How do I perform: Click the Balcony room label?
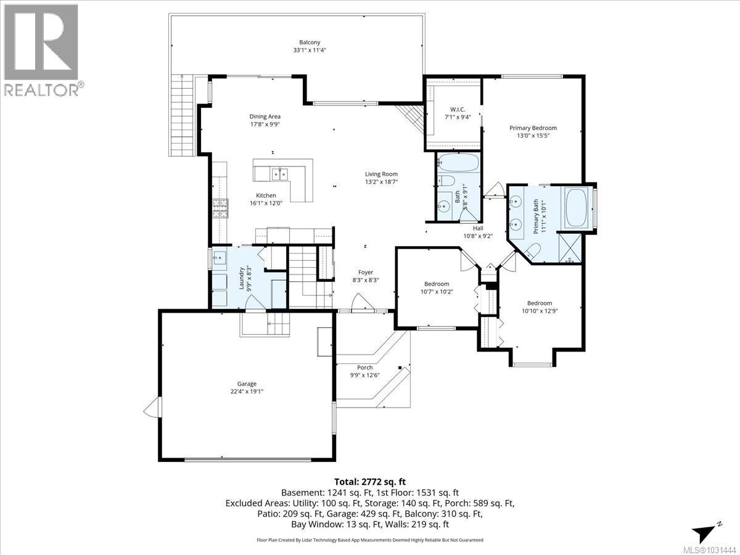coord(309,43)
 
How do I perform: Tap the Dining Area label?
coord(265,117)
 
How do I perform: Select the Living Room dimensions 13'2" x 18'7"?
coord(381,182)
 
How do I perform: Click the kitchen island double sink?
coord(279,174)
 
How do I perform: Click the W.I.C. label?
coord(457,109)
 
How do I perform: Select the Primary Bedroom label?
coord(533,128)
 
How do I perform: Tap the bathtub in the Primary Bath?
coord(578,207)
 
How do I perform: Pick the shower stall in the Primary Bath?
coord(570,247)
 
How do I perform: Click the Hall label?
coord(478,228)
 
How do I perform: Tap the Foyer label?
coord(366,272)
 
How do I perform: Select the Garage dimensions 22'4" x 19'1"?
coord(247,391)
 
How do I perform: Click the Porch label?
coord(365,368)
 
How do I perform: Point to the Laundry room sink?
coord(220,258)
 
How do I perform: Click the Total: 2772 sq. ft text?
coord(369,482)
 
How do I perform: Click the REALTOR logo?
coord(41,49)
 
